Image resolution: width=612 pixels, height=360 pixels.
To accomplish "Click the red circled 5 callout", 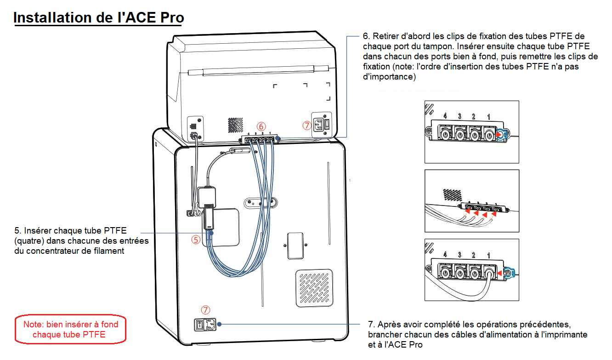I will point(196,240).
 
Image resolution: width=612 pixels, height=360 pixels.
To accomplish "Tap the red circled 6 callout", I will point(261,126).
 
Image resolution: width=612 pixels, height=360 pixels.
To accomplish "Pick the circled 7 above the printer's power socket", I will point(205,310).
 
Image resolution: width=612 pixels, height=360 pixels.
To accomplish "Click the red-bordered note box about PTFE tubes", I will point(71,329).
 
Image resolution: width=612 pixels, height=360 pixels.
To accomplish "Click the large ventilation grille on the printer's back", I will point(314,288).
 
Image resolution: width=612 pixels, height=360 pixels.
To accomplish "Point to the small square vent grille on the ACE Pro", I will point(235,124).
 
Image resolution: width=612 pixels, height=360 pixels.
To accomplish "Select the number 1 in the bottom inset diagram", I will point(488,254).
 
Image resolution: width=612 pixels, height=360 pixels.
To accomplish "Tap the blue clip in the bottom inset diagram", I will point(509,273).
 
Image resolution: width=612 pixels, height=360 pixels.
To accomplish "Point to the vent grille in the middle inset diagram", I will point(452,194).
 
